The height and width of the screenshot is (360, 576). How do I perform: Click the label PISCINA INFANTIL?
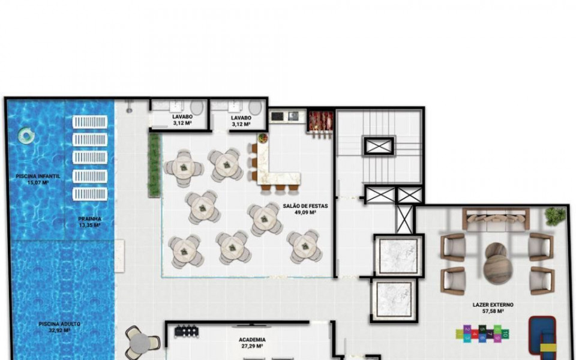37,176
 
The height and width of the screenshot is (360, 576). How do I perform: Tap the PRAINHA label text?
89,219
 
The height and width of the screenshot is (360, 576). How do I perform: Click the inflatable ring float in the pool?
26,136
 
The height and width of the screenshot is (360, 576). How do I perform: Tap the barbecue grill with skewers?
320,122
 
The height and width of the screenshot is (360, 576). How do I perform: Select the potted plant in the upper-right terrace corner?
556,215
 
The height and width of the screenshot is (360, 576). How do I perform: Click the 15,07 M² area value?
37,182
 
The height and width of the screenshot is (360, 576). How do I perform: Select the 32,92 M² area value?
59,331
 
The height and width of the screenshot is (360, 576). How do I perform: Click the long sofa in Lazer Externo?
496,220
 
